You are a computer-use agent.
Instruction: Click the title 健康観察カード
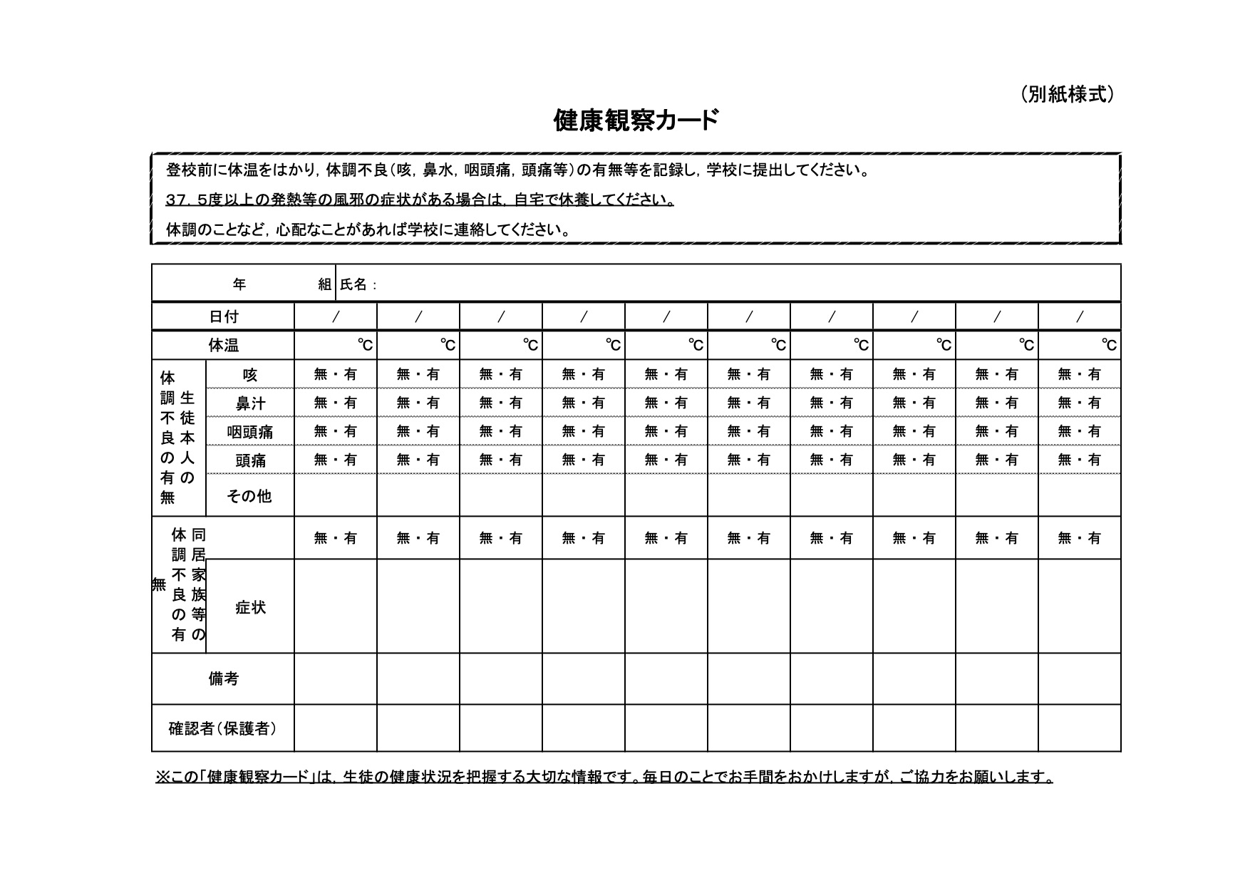636,120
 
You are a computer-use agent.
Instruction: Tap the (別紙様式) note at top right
1066,94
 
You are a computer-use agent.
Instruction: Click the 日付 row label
223,316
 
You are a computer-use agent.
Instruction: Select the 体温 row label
223,346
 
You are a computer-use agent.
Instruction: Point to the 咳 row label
249,375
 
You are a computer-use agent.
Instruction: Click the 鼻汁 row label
250,403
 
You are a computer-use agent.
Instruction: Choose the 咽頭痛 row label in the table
250,432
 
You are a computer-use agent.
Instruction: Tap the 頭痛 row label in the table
250,460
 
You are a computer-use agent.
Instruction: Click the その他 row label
249,496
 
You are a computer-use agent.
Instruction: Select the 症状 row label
250,607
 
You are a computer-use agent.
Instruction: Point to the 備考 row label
223,679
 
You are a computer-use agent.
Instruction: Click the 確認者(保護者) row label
222,728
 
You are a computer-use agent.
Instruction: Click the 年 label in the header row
239,284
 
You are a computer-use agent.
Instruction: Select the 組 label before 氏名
324,284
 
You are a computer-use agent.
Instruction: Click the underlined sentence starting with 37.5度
420,200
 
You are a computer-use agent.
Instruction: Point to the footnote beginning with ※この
604,777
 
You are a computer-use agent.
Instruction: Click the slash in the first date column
336,316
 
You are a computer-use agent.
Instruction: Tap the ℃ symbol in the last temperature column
1109,346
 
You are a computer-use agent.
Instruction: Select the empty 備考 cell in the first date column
336,679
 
